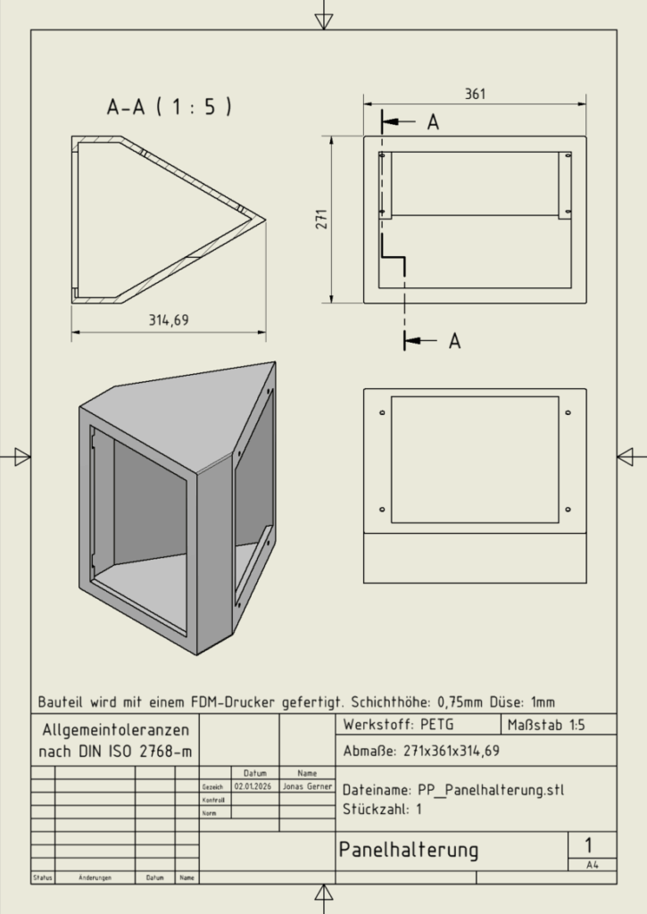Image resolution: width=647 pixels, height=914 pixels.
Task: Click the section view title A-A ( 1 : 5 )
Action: point(170,108)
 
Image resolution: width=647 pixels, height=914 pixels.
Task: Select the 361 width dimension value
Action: point(476,95)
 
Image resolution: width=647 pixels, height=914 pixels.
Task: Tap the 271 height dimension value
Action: point(322,219)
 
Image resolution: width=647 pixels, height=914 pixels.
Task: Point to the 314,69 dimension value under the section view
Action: point(169,320)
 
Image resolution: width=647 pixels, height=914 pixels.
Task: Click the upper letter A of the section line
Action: point(433,123)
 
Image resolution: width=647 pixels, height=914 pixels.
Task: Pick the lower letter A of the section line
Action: point(454,341)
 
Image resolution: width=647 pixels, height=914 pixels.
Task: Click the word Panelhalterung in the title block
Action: point(408,850)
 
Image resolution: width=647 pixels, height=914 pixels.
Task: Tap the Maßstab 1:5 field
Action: point(545,724)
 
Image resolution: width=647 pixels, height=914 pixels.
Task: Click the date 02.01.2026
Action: point(251,787)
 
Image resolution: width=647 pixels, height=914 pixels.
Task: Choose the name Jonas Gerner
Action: point(306,787)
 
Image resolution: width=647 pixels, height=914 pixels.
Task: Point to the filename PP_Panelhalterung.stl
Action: point(454,790)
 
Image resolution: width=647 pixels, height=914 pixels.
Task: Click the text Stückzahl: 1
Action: point(382,810)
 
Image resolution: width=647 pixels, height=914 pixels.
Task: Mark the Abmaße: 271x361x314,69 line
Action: point(421,751)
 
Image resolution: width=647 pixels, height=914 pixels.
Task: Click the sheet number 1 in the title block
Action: point(588,844)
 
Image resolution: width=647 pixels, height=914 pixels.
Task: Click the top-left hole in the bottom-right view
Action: point(382,413)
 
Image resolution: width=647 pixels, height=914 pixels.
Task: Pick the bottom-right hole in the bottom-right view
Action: point(568,509)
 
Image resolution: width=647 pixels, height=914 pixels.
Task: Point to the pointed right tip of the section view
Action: point(265,217)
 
